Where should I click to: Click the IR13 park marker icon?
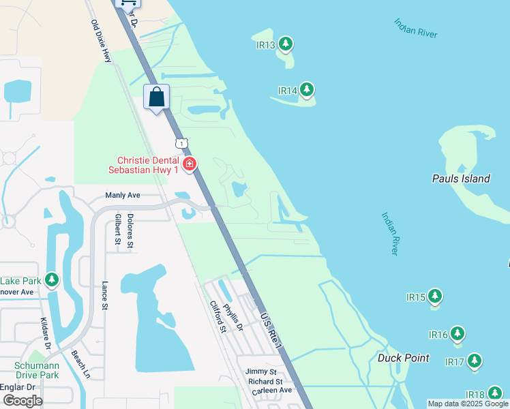(286, 45)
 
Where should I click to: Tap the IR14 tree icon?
(307, 90)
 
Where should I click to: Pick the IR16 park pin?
(457, 334)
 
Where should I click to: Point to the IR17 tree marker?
(474, 361)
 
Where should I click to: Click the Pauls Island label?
(461, 179)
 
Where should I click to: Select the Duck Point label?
(404, 358)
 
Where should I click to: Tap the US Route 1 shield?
(180, 142)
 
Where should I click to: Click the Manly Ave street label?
(123, 196)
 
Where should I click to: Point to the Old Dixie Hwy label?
(101, 41)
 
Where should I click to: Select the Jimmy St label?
(261, 372)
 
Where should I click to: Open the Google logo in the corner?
(22, 401)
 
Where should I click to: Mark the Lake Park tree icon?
(52, 280)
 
